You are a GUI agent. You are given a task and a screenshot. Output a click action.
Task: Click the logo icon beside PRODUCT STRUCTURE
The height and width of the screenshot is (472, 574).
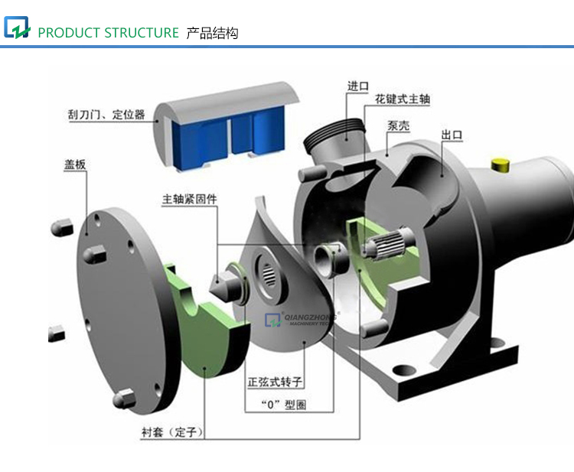pyautogui.click(x=17, y=28)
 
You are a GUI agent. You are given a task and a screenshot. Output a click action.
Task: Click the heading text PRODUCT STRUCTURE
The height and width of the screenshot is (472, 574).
pyautogui.click(x=108, y=33)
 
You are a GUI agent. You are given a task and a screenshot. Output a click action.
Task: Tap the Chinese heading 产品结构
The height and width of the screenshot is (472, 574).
pyautogui.click(x=212, y=33)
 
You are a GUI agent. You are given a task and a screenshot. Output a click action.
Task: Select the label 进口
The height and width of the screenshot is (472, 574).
pyautogui.click(x=358, y=86)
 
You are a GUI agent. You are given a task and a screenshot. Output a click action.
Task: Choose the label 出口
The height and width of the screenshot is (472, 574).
pyautogui.click(x=452, y=135)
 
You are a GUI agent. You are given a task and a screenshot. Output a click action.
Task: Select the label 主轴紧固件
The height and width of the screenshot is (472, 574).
pyautogui.click(x=189, y=199)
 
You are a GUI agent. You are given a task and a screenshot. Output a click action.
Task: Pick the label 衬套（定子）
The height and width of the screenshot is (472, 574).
pyautogui.click(x=171, y=432)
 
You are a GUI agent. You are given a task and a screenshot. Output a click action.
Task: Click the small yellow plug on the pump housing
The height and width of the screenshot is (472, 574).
pyautogui.click(x=501, y=163)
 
